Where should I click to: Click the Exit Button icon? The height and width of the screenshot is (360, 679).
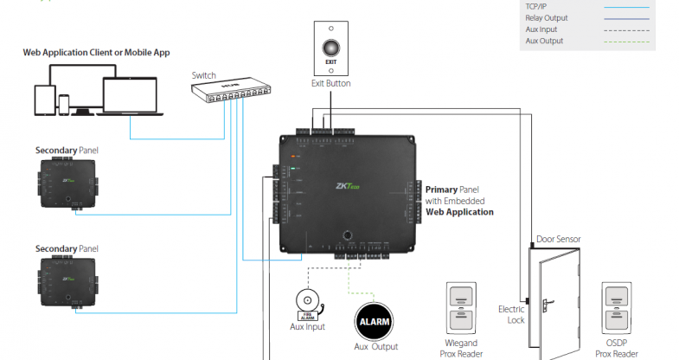(330, 48)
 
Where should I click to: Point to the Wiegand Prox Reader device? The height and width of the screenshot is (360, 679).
(460, 310)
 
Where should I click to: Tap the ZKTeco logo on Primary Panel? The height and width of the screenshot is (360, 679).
(349, 184)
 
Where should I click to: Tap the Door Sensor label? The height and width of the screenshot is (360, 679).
(558, 239)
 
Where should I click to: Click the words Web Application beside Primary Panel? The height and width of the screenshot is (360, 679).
(459, 212)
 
